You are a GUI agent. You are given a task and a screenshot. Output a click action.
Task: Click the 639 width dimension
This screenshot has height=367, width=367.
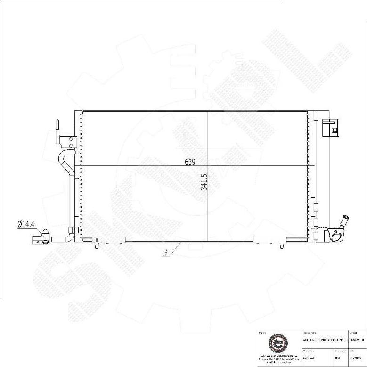click(x=190, y=162)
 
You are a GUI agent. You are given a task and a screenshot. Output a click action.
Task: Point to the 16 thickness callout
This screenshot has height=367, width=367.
click(x=165, y=253)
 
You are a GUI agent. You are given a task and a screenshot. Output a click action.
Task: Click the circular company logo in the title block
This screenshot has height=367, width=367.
click(x=277, y=343)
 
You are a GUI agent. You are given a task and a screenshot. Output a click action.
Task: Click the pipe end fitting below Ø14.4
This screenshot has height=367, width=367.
click(x=41, y=240)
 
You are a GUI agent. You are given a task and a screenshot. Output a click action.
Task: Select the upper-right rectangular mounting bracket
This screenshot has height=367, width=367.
click(x=330, y=127)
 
